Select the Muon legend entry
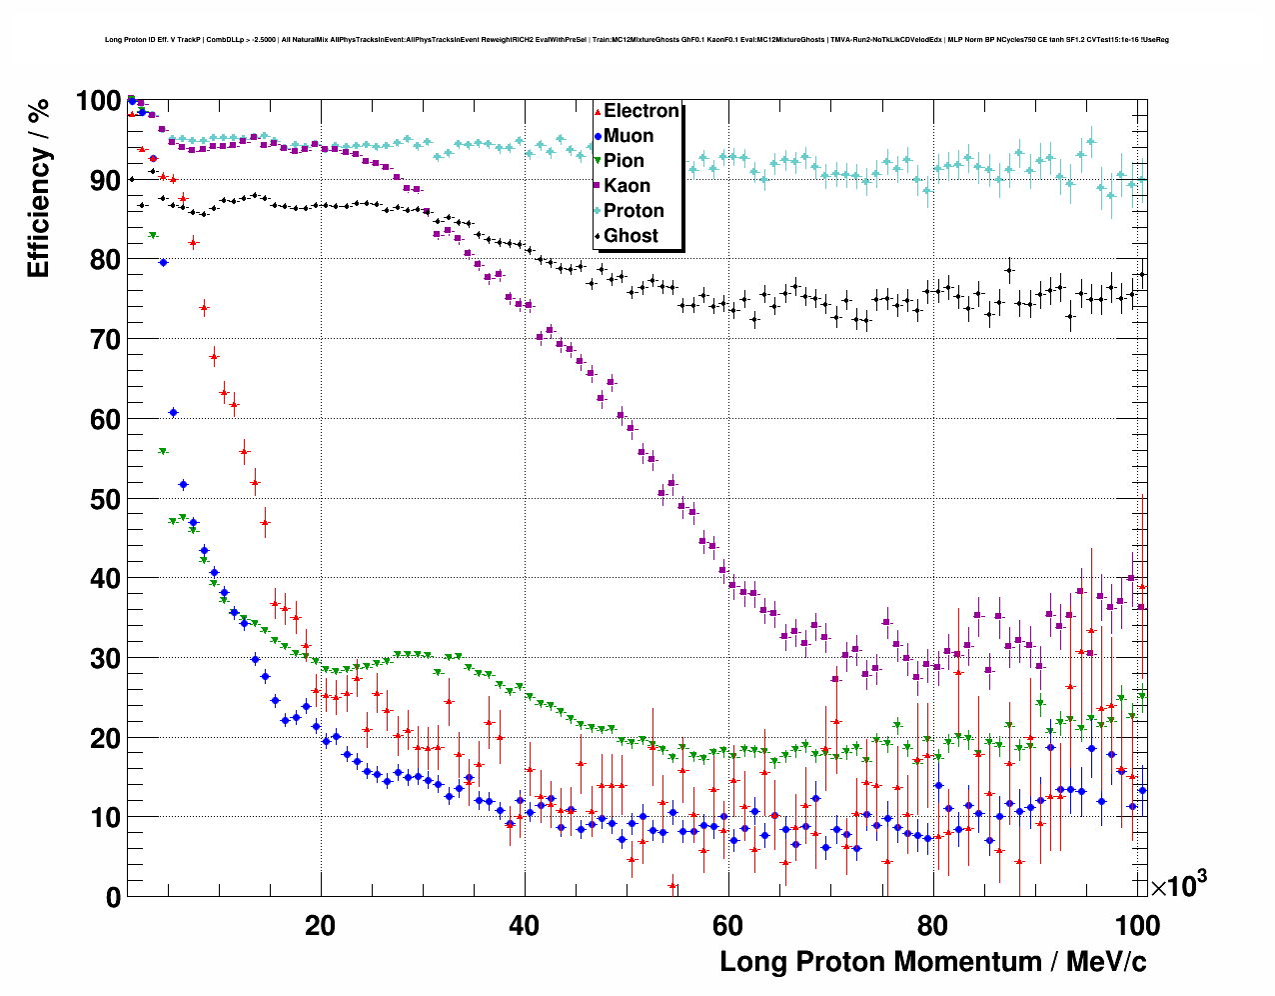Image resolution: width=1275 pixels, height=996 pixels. tap(629, 136)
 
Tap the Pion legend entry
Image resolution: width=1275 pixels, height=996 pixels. tap(624, 161)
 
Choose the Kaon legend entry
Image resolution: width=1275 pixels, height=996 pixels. tap(627, 186)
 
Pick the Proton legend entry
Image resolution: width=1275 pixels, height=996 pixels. tap(634, 211)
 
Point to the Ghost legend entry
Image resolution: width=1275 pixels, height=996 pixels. tap(631, 236)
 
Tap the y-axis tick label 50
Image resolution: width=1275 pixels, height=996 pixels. tap(105, 499)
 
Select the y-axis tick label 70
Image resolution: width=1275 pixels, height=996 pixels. tap(105, 340)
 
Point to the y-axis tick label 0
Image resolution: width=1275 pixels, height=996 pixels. tap(113, 898)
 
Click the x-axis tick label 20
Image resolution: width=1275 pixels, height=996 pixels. tap(321, 925)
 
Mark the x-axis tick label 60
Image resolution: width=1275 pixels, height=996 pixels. tap(728, 925)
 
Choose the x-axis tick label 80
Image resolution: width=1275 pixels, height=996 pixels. tap(932, 925)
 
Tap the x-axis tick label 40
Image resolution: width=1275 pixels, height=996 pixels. tap(525, 925)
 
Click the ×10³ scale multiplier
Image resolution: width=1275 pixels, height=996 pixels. tap(1178, 884)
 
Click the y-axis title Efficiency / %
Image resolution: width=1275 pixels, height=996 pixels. tap(38, 188)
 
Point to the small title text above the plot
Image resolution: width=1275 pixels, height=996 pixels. tap(637, 40)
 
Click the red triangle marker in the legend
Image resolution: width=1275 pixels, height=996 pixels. tap(598, 112)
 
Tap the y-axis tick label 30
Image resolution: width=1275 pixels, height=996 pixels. tap(105, 659)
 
